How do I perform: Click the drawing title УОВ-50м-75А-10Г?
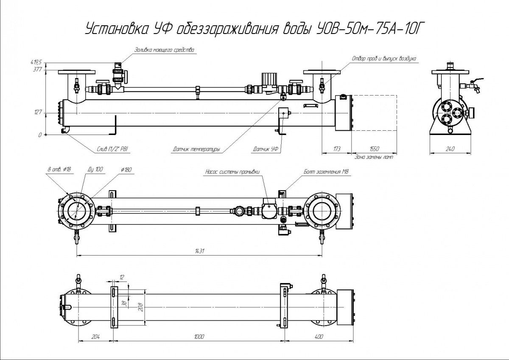click(x=255, y=28)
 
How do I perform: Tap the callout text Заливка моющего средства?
click(x=164, y=50)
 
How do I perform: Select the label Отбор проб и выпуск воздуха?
click(x=385, y=58)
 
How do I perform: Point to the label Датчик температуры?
click(x=196, y=149)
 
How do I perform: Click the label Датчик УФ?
click(x=266, y=149)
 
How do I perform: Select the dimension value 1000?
click(x=199, y=337)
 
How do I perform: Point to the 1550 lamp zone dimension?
click(x=374, y=149)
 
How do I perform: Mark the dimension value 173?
click(x=337, y=149)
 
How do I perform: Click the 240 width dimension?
click(x=450, y=149)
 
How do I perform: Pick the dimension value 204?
click(x=95, y=337)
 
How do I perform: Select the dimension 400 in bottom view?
click(x=319, y=337)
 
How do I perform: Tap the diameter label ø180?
click(x=126, y=170)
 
